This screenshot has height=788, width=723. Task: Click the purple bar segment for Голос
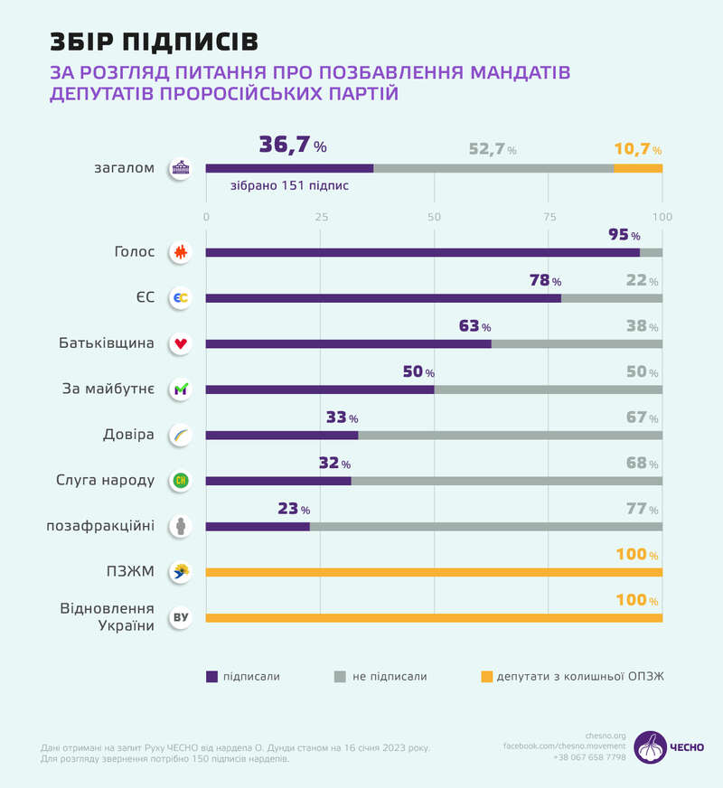[x=422, y=253]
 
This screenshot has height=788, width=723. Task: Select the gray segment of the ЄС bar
[x=611, y=298]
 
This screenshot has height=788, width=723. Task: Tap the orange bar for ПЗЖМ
[x=434, y=572]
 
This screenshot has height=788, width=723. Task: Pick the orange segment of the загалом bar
[x=638, y=168]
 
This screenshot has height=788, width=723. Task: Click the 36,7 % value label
[x=292, y=145]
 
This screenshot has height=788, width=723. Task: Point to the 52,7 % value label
[x=493, y=149]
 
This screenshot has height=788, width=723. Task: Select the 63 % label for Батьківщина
[x=474, y=326]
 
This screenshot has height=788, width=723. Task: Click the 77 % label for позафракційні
[x=642, y=509]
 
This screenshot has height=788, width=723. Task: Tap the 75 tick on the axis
[x=549, y=216]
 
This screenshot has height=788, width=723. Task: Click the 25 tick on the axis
[x=320, y=216]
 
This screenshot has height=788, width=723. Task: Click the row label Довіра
[x=129, y=435]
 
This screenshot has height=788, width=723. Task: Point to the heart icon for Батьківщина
[x=181, y=344]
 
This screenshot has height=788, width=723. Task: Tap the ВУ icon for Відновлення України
[x=181, y=618]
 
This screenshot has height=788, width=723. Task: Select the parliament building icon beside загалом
[x=181, y=168]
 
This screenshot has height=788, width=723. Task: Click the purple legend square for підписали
[x=212, y=676]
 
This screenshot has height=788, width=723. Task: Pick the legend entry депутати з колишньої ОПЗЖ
[x=579, y=676]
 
